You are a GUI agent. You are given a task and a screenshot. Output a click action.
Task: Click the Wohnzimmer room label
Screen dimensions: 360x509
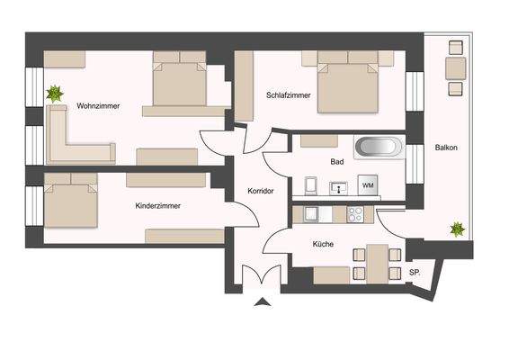coord(98,105)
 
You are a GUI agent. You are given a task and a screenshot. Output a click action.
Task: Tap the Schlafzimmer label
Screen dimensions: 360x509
coord(288,94)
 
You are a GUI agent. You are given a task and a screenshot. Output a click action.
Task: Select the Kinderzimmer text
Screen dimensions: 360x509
coord(157,206)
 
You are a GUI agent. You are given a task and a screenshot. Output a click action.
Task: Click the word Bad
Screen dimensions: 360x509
coord(337,162)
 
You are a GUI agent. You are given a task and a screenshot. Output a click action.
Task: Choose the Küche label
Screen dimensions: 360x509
coord(324,244)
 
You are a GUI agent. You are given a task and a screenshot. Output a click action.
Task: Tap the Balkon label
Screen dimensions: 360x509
coord(447,148)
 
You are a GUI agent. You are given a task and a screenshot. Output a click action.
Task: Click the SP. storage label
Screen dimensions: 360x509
coord(415,273)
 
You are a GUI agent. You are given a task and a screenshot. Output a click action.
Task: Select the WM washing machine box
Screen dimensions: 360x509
coord(367,184)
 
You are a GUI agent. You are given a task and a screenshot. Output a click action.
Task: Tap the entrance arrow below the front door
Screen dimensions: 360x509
coord(262,303)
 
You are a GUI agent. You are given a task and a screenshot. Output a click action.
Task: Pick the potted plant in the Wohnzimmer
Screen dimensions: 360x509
coord(56,93)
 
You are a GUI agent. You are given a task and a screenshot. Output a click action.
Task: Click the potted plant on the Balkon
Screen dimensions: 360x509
coord(459,230)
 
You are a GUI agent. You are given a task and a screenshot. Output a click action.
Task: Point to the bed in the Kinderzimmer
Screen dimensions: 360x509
coord(70,205)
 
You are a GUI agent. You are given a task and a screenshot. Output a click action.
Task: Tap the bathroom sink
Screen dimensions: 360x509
coord(338,188)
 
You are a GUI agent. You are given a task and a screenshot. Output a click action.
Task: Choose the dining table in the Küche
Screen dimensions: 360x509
coord(377,261)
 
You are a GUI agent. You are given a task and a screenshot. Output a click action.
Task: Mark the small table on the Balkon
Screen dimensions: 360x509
coord(455,68)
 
